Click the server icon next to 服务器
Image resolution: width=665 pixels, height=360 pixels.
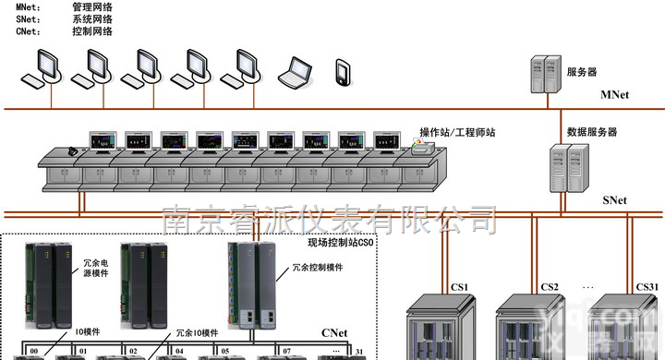click(x=545, y=72)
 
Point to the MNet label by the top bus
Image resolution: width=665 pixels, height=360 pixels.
click(x=614, y=95)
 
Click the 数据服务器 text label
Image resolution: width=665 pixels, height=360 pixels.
click(x=592, y=132)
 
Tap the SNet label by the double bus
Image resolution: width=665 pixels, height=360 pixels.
click(x=614, y=200)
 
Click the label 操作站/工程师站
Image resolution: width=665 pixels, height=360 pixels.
click(x=458, y=133)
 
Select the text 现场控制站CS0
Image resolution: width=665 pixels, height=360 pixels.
click(x=340, y=243)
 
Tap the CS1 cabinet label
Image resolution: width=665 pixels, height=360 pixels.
click(x=460, y=285)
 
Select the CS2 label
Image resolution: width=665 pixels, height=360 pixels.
click(x=550, y=285)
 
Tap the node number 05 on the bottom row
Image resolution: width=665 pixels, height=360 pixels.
click(x=224, y=352)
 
